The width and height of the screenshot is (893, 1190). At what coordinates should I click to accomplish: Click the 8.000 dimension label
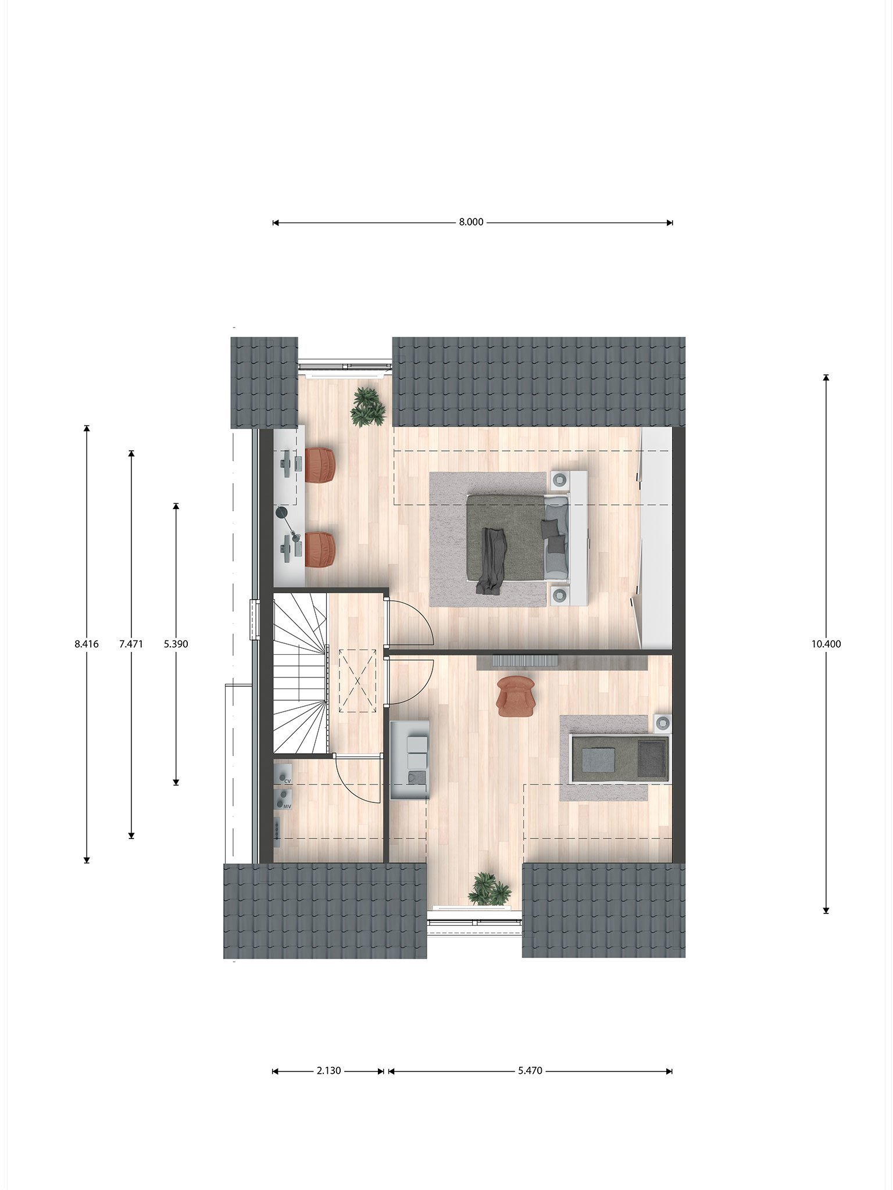(x=471, y=222)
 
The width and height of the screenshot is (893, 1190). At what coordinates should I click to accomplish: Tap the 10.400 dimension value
(x=826, y=644)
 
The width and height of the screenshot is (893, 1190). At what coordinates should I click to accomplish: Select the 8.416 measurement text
(x=87, y=644)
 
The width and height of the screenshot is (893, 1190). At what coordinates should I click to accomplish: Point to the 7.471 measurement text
(x=131, y=644)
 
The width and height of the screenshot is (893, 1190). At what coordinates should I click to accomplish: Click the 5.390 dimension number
(x=176, y=644)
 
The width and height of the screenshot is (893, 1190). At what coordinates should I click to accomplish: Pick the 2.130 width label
(x=328, y=1070)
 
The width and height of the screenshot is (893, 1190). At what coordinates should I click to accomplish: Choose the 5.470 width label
(x=530, y=1070)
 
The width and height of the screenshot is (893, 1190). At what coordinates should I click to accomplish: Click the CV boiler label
(x=287, y=783)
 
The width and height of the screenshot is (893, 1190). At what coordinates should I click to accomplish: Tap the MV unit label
(x=287, y=807)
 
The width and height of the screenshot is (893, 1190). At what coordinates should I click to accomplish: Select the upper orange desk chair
(x=321, y=465)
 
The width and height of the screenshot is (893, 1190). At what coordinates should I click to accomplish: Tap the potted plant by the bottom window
(x=490, y=889)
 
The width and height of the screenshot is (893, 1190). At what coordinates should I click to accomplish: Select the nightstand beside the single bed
(x=663, y=723)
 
